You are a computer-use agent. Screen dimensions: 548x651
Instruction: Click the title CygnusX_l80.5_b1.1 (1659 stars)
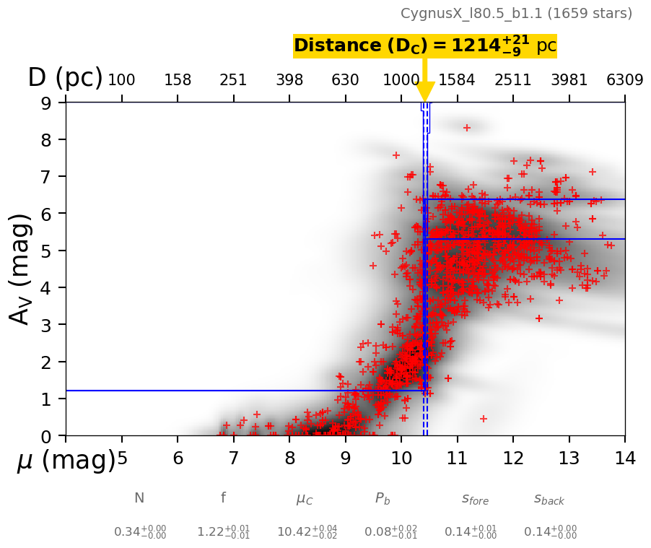(x=516, y=14)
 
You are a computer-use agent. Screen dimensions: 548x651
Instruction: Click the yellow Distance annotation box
(x=424, y=45)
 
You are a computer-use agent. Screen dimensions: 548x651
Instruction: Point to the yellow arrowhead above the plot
(x=425, y=92)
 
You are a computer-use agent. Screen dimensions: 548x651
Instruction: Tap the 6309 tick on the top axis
(x=625, y=80)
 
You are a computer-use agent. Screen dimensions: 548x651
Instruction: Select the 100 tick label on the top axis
(x=121, y=80)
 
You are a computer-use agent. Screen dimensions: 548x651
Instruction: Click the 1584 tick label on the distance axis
(x=457, y=80)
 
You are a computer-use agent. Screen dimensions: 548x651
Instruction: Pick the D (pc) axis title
(x=65, y=78)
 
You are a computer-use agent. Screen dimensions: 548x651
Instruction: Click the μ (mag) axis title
(x=66, y=461)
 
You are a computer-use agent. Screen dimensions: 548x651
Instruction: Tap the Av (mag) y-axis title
(x=21, y=269)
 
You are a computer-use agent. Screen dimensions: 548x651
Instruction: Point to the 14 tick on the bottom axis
(x=625, y=458)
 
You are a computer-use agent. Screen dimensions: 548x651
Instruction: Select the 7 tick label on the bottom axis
(x=233, y=458)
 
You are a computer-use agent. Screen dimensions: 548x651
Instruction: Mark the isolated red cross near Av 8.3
(x=466, y=128)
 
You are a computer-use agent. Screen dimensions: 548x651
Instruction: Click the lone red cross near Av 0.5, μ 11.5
(x=484, y=419)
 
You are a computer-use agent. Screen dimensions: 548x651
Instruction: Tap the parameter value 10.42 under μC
(x=307, y=532)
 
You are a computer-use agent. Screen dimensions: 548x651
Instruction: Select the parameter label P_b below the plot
(x=383, y=498)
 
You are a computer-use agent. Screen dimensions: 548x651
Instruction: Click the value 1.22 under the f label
(x=224, y=532)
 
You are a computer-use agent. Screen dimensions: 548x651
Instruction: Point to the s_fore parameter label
(x=475, y=499)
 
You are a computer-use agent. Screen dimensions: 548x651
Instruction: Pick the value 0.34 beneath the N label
(x=140, y=532)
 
